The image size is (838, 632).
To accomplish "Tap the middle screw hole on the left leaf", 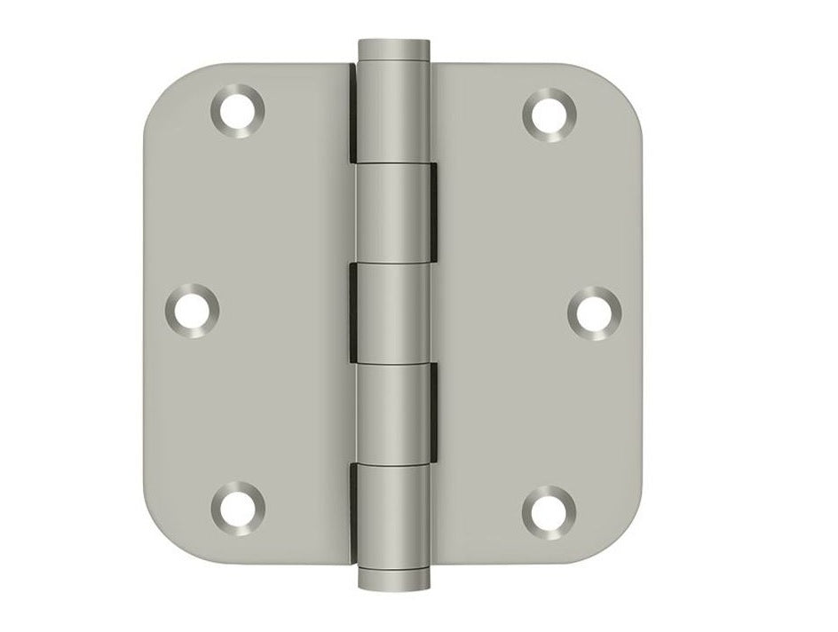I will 193,310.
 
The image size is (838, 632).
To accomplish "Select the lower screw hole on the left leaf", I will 237,507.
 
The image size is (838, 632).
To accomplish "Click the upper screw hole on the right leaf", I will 549,115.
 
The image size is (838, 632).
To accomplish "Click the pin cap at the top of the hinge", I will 391,50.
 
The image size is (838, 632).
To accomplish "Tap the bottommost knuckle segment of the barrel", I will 391,515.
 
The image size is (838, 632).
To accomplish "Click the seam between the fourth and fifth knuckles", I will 391,463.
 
